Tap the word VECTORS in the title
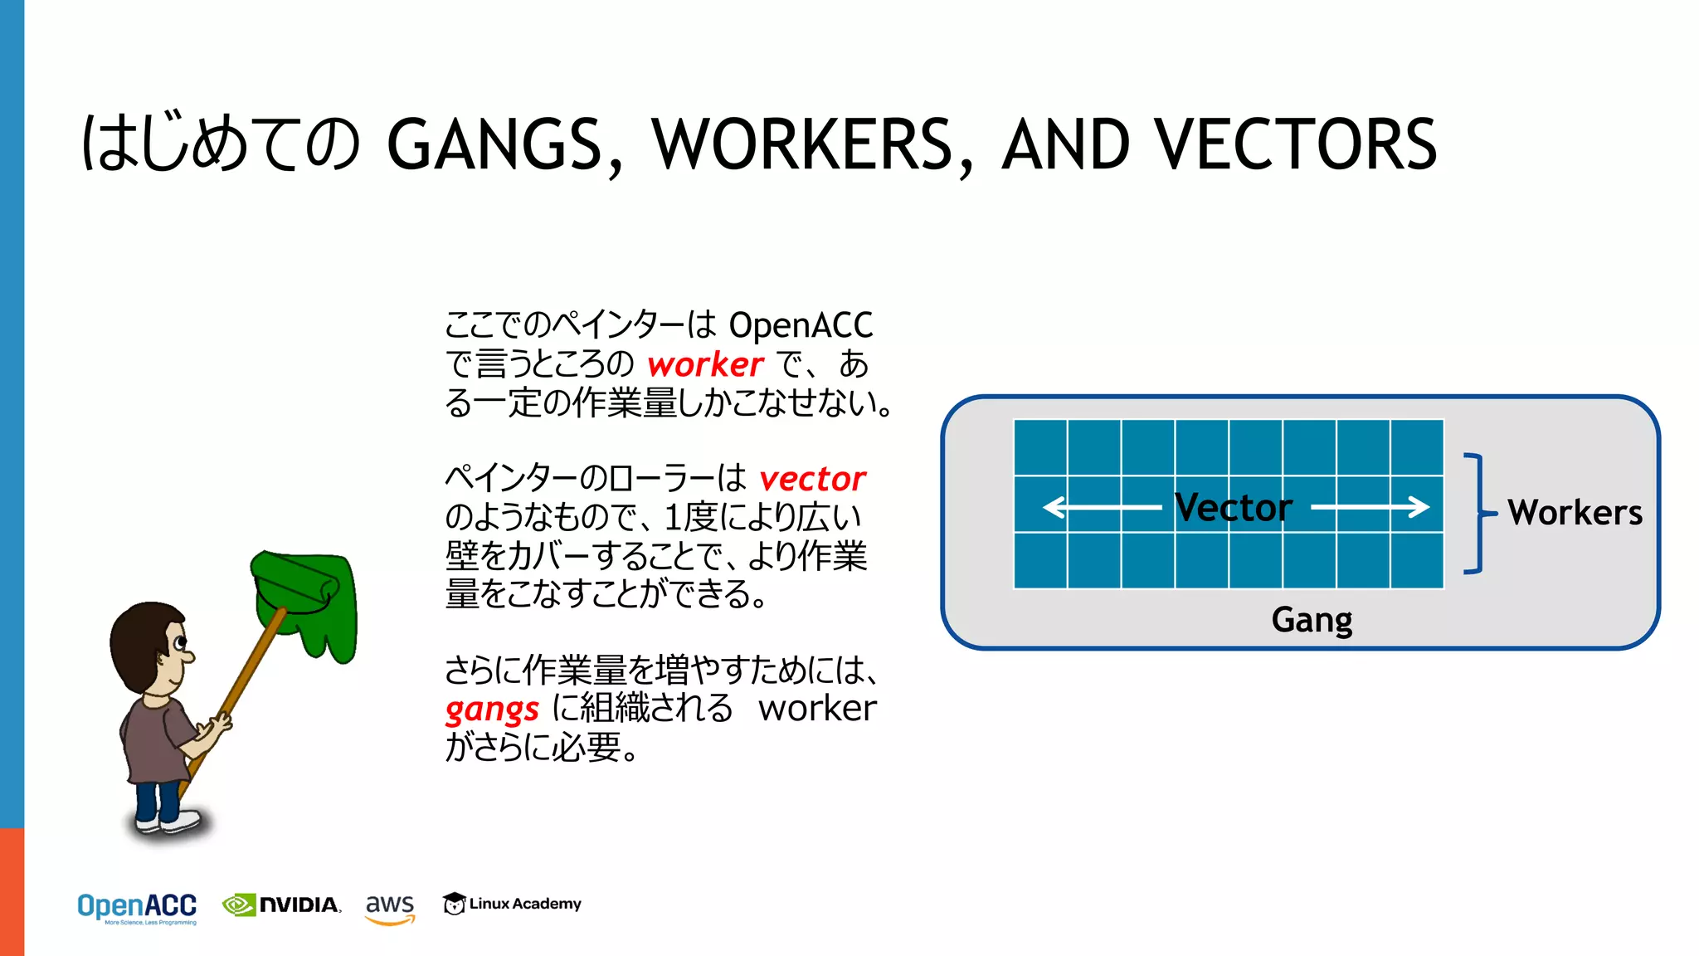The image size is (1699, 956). coord(1296,144)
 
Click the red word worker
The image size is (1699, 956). coord(705,364)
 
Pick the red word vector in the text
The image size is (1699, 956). coord(812,479)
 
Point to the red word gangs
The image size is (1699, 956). coord(492,710)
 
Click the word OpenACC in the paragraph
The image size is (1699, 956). coord(801,325)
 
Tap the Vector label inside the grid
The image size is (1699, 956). coord(1234,507)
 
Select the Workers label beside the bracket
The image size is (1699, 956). coord(1575,512)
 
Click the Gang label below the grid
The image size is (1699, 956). coord(1312,620)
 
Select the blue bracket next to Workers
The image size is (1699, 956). coord(1476,513)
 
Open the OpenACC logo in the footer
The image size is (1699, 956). coord(137,907)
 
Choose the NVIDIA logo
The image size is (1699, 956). coord(282,905)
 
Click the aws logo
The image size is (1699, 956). coord(390,907)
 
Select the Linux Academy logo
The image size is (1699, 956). coord(512,904)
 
